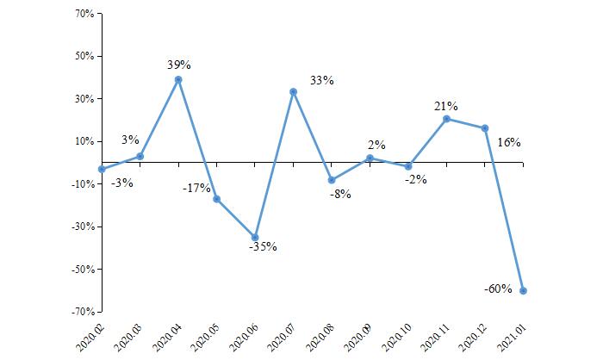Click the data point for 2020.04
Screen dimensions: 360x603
[x=178, y=79]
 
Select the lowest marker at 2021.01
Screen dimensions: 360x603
[x=523, y=290]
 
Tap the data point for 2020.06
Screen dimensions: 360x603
[x=255, y=237]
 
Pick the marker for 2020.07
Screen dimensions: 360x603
[x=294, y=91]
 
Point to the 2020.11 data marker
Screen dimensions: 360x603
[x=446, y=119]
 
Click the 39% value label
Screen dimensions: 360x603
[x=178, y=65]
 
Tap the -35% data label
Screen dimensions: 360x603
[x=262, y=246]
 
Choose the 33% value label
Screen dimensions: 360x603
[x=321, y=81]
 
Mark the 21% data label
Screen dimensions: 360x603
[x=445, y=106]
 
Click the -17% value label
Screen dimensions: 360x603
[x=196, y=188]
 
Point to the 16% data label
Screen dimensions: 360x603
[x=508, y=142]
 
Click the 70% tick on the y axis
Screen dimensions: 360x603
[x=84, y=15]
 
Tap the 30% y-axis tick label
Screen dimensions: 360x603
[x=84, y=99]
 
